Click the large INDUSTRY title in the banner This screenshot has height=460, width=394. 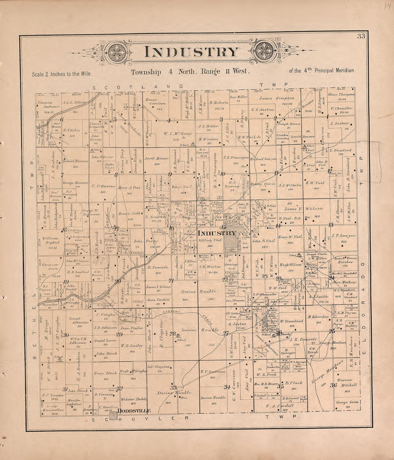[x=192, y=52]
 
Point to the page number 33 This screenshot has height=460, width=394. [x=360, y=35]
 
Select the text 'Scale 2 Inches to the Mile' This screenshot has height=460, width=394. [x=62, y=74]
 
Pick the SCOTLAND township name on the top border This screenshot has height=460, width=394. [x=137, y=87]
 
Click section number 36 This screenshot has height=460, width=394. [x=333, y=385]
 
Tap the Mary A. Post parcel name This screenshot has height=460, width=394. [x=129, y=187]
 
